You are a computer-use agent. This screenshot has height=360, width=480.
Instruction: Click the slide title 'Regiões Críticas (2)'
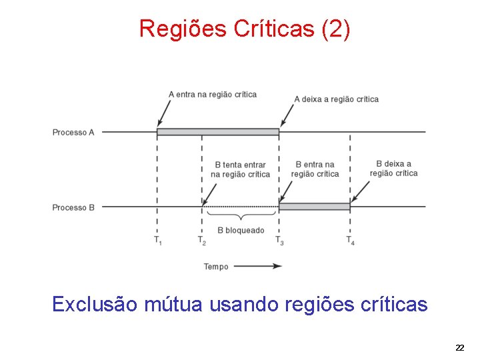244,29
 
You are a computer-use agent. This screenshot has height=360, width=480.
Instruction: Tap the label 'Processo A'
73,133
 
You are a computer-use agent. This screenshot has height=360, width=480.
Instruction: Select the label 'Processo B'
73,207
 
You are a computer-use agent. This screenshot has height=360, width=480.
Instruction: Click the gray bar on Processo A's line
218,132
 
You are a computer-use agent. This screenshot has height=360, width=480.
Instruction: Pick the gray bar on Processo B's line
315,207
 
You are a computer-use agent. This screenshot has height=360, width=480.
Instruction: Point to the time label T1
158,240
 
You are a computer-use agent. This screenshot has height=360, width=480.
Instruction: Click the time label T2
201,240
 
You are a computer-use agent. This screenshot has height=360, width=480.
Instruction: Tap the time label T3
279,240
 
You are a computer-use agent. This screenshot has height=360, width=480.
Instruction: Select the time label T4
350,240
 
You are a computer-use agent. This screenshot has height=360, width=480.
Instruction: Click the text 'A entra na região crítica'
213,95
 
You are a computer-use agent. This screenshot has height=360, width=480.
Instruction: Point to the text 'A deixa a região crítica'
336,99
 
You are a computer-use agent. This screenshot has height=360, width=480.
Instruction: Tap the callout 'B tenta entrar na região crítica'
240,169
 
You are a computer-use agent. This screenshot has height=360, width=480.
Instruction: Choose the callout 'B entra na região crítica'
315,169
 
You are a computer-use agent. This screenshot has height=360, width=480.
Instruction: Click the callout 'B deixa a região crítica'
393,169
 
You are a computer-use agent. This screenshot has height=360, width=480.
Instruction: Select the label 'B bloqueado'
241,231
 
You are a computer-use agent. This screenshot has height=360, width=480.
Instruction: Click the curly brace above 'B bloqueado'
241,216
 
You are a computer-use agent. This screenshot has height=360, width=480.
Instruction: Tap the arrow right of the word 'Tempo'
267,266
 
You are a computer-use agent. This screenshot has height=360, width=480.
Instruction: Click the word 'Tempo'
216,267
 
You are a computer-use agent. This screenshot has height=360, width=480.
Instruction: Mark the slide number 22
460,347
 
